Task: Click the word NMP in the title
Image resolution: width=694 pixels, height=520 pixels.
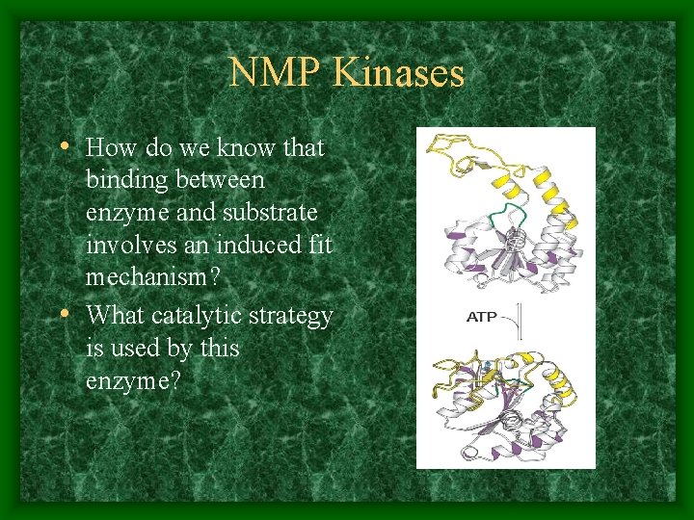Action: coord(274,73)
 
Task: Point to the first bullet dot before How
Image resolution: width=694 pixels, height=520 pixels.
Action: coord(63,147)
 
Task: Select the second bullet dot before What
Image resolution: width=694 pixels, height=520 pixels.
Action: coord(63,315)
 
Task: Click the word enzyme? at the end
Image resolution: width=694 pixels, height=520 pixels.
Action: coord(132,381)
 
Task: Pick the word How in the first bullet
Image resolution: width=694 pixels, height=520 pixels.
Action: coord(107,147)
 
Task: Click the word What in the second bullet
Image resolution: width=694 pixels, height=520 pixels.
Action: coord(112,315)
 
